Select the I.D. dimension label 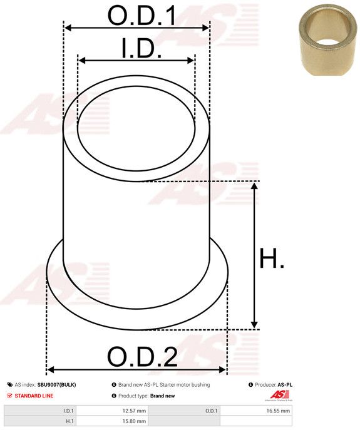click(x=141, y=48)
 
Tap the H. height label click(x=272, y=259)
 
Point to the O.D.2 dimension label click(x=142, y=358)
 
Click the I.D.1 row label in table click(x=68, y=411)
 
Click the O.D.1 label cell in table click(x=210, y=411)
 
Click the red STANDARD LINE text click(x=34, y=396)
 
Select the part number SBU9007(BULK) click(x=56, y=384)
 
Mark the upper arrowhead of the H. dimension click(x=254, y=186)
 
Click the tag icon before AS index click(x=9, y=384)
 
